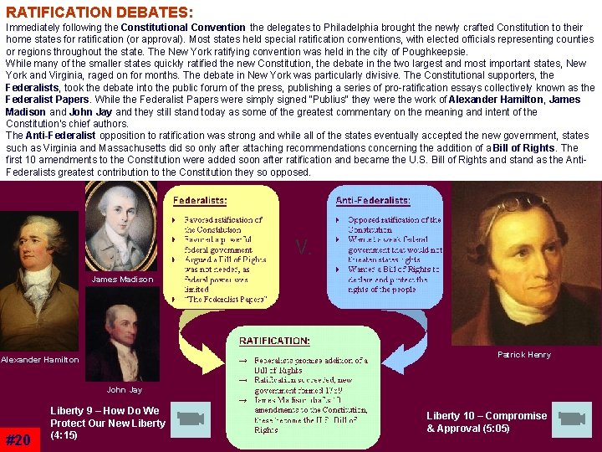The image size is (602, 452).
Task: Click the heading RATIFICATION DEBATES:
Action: [x=99, y=13]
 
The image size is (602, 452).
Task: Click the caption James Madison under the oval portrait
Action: [x=122, y=280]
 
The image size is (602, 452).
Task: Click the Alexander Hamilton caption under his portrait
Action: [x=39, y=360]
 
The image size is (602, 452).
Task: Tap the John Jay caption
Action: [x=124, y=390]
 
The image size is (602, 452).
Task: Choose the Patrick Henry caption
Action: [x=524, y=355]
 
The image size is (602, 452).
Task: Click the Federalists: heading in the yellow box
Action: [x=200, y=201]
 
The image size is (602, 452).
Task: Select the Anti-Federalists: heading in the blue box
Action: [x=372, y=201]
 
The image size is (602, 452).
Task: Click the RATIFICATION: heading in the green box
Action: [x=274, y=342]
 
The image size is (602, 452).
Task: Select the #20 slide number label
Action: [x=18, y=439]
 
